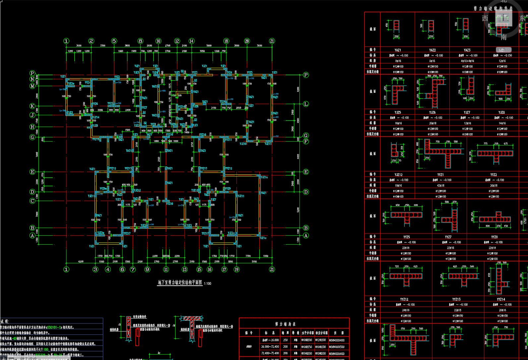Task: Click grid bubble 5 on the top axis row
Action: [x=114, y=41]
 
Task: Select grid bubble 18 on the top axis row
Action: [x=226, y=41]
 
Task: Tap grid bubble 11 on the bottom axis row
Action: [x=166, y=270]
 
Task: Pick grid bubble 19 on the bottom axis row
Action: [x=236, y=270]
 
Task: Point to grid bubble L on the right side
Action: [x=306, y=104]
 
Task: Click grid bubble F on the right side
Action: [x=306, y=141]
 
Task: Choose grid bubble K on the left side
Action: [x=32, y=106]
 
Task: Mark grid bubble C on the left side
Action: [x=32, y=201]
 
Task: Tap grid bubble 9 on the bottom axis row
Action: [x=148, y=270]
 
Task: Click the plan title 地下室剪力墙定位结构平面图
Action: [x=180, y=282]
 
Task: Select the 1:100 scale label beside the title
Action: [x=208, y=283]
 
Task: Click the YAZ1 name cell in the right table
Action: [x=398, y=50]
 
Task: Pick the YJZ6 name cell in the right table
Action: [x=432, y=112]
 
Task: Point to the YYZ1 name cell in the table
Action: [x=440, y=175]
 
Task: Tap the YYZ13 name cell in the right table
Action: [x=456, y=299]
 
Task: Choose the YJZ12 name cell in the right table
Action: [x=398, y=175]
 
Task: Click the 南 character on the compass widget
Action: [x=503, y=37]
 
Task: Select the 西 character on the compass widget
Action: [x=485, y=18]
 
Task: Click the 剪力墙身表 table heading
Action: [x=285, y=324]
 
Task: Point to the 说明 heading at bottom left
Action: [x=5, y=322]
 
